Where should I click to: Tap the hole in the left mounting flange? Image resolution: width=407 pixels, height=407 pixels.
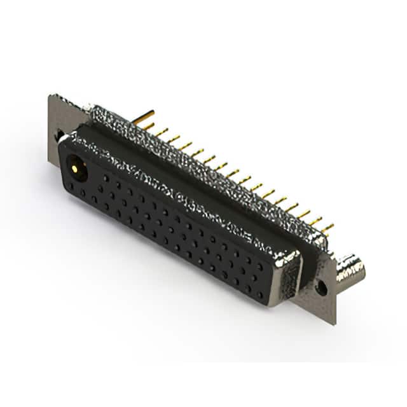(59, 135)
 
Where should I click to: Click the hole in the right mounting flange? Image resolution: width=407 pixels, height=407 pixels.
(322, 287)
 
